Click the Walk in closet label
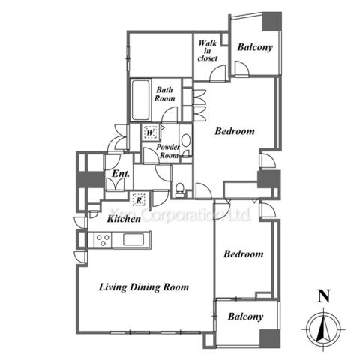click(208, 51)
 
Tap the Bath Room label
click(164, 94)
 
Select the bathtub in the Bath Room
click(141, 100)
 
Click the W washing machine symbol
click(149, 132)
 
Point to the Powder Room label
click(168, 151)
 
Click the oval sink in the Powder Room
click(186, 140)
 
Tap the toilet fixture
click(180, 190)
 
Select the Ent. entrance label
click(121, 174)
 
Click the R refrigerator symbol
click(139, 199)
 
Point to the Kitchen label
click(124, 219)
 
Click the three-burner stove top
click(103, 239)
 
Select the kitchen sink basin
click(133, 239)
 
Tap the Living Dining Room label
click(144, 287)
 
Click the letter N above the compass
click(324, 295)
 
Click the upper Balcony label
click(255, 47)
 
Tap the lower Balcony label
click(245, 316)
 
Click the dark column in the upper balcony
click(271, 22)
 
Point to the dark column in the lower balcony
click(270, 338)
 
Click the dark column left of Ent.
click(90, 179)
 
